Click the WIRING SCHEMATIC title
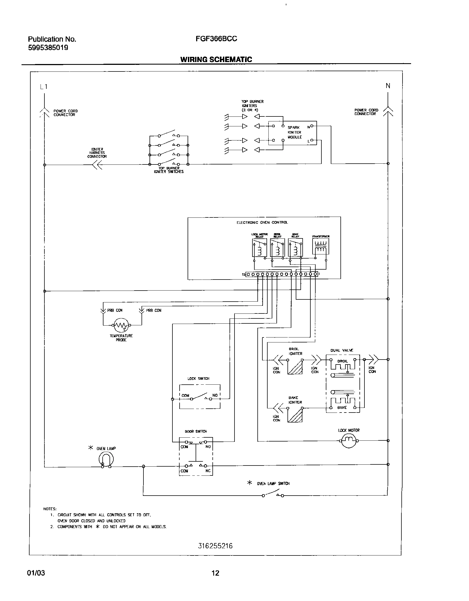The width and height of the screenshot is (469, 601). click(216, 60)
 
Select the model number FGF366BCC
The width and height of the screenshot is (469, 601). click(216, 39)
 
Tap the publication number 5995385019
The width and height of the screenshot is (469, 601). click(48, 48)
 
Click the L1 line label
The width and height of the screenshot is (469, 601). click(44, 87)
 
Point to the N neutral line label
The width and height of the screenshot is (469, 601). click(388, 86)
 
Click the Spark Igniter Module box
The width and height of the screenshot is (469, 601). click(293, 133)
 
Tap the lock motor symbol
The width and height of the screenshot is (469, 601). click(349, 441)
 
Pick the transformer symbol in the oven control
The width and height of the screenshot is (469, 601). click(321, 246)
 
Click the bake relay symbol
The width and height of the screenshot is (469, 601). click(295, 248)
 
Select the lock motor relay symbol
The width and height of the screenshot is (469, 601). click(259, 248)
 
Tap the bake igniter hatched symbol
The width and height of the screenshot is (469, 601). click(295, 415)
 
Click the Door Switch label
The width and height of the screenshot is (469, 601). click(196, 431)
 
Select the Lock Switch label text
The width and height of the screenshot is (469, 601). click(198, 379)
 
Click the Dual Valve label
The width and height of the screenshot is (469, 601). click(342, 350)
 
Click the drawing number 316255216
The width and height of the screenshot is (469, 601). click(215, 546)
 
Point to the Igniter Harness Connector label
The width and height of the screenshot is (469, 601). click(97, 153)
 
